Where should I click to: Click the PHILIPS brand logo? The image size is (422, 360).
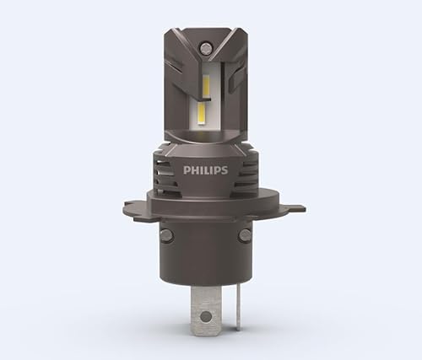(x=205, y=170)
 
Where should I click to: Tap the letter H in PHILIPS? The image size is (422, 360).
(x=194, y=170)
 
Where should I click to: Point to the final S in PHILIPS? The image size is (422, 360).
(x=224, y=170)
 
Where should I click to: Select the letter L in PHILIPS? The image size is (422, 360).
(x=208, y=170)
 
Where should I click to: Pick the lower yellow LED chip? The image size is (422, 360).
(x=203, y=115)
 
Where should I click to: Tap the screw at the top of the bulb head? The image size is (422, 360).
(x=204, y=48)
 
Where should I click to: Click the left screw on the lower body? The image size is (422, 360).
(x=166, y=234)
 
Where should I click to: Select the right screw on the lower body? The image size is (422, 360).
(x=245, y=234)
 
